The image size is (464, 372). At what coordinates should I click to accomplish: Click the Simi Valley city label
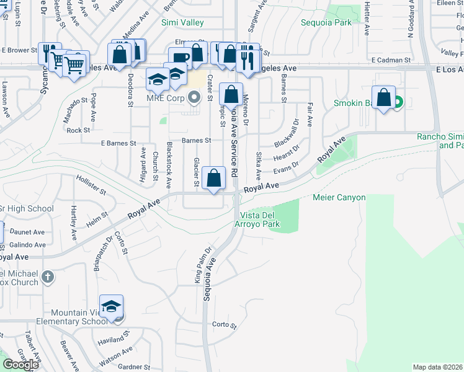click(182, 23)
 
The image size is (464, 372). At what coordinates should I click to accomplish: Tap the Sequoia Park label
click(326, 23)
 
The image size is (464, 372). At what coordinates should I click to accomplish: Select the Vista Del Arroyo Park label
click(257, 219)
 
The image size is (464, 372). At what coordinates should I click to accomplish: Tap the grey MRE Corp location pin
click(195, 97)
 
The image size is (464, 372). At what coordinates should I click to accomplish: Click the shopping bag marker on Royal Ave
click(214, 179)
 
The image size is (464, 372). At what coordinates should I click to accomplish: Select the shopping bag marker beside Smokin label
click(384, 98)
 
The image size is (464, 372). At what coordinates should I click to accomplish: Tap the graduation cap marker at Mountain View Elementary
click(112, 306)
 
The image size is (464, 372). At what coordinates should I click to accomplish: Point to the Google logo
click(20, 364)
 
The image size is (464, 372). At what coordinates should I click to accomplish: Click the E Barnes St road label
click(118, 143)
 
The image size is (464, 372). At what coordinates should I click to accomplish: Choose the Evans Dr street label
click(286, 167)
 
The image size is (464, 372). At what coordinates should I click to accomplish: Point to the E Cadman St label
click(391, 60)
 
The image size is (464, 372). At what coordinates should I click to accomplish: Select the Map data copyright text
click(438, 367)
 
